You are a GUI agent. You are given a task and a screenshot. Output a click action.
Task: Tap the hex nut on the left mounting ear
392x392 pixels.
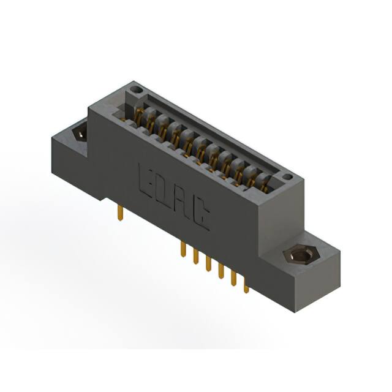coord(79,132)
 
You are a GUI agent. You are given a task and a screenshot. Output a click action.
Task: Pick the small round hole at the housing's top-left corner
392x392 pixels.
coord(138,91)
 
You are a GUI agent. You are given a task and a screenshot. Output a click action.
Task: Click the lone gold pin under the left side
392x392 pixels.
coord(120,213)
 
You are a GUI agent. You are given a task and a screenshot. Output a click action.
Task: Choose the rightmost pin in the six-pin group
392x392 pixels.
coord(246,285)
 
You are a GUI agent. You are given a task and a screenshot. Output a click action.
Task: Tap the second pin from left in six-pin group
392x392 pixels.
coord(195,256)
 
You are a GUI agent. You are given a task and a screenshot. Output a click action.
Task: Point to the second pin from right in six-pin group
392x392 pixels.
coord(233,277)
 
